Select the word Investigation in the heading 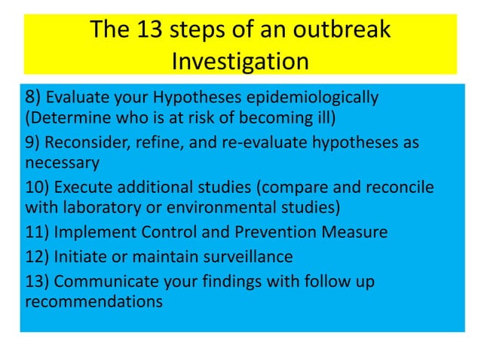click(x=240, y=60)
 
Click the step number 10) click(x=37, y=188)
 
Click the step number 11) click(x=37, y=232)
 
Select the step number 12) click(x=37, y=256)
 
